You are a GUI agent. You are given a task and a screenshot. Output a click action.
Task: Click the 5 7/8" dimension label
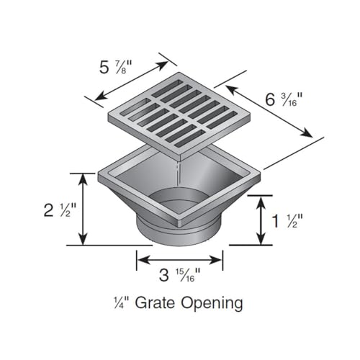click(x=116, y=68)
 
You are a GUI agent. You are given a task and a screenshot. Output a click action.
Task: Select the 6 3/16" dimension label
click(x=284, y=99)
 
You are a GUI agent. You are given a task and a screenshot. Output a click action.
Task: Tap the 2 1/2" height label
click(x=60, y=210)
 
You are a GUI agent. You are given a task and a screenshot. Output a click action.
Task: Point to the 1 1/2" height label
click(x=287, y=220)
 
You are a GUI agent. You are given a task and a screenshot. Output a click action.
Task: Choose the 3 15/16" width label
click(x=179, y=275)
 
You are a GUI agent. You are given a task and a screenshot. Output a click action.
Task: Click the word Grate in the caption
click(x=155, y=302)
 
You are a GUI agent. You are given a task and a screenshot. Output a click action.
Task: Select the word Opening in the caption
click(x=212, y=304)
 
